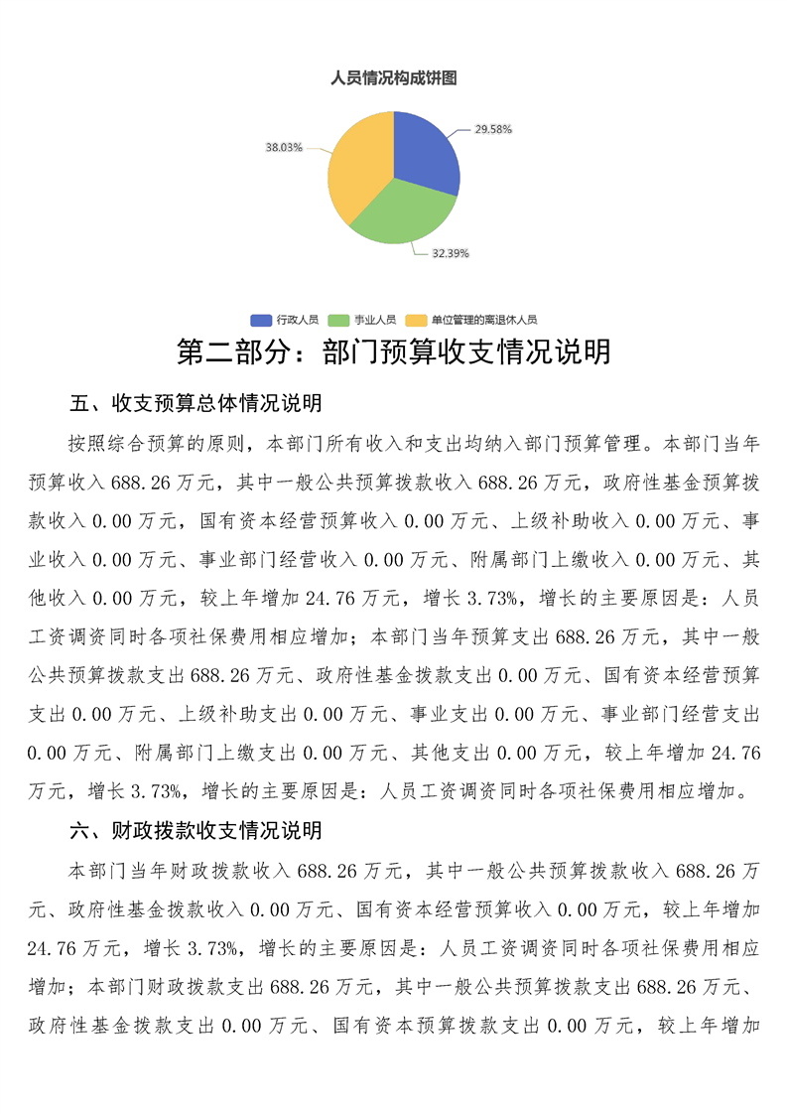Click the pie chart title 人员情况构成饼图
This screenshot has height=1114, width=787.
tap(393, 77)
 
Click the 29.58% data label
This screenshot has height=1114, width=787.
tap(492, 129)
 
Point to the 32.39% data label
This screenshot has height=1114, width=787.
tap(450, 253)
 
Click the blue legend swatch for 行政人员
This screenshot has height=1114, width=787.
tap(261, 320)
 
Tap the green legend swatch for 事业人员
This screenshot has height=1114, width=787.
tap(339, 320)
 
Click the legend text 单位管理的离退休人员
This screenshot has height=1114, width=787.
tap(483, 320)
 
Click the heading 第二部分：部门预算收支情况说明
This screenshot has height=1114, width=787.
tap(393, 352)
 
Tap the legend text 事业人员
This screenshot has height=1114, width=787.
tap(375, 320)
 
